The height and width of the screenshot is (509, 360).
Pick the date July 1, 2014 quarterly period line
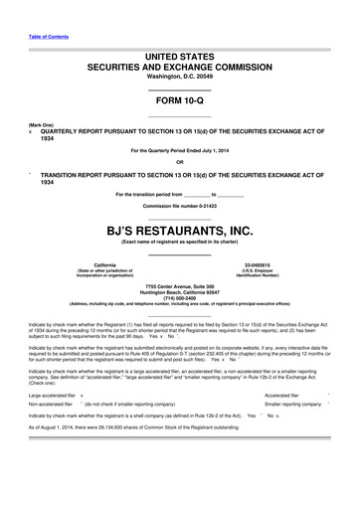pyautogui.click(x=179, y=150)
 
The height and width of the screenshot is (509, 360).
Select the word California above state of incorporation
pyautogui.click(x=104, y=263)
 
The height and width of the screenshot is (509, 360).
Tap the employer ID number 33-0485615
pyautogui.click(x=257, y=263)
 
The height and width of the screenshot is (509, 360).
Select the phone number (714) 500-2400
pyautogui.click(x=179, y=298)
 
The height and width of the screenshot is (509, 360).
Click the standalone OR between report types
pyautogui.click(x=179, y=161)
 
